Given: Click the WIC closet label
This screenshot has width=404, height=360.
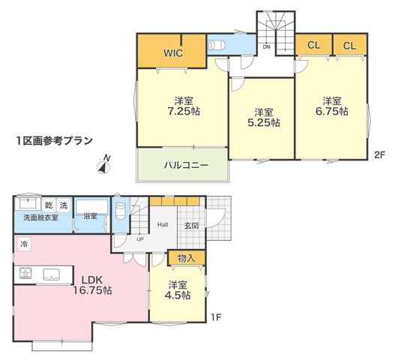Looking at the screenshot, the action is coord(173,53).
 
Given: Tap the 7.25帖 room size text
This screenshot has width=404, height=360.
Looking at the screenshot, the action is coord(184,111).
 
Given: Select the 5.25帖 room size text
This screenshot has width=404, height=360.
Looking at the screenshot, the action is coord(264,122).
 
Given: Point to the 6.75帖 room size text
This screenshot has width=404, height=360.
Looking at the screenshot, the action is coord(332,111).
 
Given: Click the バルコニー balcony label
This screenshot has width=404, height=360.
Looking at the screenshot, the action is coord(186,165).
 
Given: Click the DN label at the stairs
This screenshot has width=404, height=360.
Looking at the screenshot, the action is coord(266,47).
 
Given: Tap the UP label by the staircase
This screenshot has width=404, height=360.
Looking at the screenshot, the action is coord(140,239).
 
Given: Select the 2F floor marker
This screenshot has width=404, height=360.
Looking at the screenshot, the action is coord(379,154).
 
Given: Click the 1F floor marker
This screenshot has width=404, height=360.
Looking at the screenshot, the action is coord(216,317).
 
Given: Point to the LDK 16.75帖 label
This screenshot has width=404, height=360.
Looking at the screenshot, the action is coord(92,285).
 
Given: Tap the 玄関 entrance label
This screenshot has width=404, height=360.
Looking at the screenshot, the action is coord(192,226).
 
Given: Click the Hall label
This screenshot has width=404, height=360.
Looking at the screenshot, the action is coord(163,224).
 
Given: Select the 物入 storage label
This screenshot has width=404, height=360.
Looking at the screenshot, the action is coord(186,258).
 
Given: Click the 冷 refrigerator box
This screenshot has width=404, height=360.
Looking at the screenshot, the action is coord(24,244).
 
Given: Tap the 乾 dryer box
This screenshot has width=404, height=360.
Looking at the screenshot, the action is coord(49,205).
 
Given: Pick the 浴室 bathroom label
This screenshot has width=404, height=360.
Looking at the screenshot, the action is coord(90,216).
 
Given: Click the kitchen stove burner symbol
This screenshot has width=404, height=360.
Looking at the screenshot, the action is coord(25,273).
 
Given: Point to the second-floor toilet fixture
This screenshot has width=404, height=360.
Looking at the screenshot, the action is coord(216,46).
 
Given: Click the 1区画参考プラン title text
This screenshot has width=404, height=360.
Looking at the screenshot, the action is coord(55,141).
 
